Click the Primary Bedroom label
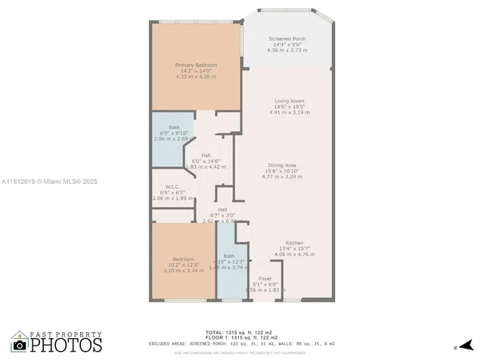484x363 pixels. click(x=196, y=66)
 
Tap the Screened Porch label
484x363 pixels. click(x=286, y=39)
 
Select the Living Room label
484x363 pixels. click(x=290, y=101)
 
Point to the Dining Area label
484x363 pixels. click(x=281, y=166)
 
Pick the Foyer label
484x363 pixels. click(x=265, y=278)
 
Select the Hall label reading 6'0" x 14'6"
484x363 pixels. click(x=206, y=155)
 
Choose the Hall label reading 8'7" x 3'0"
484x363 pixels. click(x=222, y=209)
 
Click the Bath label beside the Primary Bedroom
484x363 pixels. click(x=174, y=127)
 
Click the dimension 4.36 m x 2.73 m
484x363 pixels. click(x=286, y=51)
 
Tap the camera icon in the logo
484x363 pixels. click(x=19, y=345)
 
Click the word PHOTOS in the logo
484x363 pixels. click(x=67, y=345)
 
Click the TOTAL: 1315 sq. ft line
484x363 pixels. click(x=241, y=332)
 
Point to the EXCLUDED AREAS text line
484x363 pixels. click(x=241, y=345)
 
